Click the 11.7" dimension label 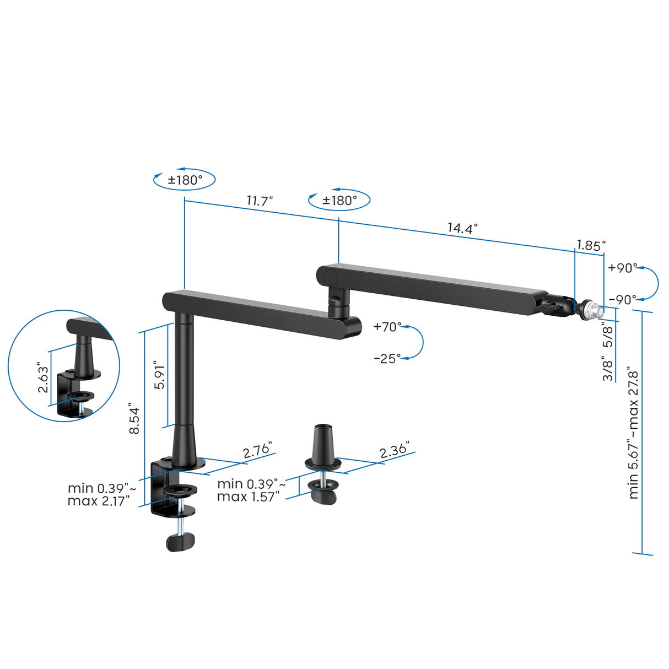[x=260, y=201]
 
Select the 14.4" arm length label [x=462, y=228]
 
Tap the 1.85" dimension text [x=591, y=245]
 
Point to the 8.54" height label [x=134, y=420]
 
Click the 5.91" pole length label [x=159, y=376]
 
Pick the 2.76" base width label [x=257, y=451]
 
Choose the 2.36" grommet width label [x=394, y=451]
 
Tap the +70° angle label [x=387, y=327]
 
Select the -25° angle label [x=387, y=359]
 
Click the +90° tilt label [x=622, y=268]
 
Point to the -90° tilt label [x=622, y=300]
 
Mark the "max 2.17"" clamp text [x=99, y=501]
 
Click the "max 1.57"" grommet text [x=248, y=497]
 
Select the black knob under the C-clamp [x=181, y=541]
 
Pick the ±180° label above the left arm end [x=185, y=180]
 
